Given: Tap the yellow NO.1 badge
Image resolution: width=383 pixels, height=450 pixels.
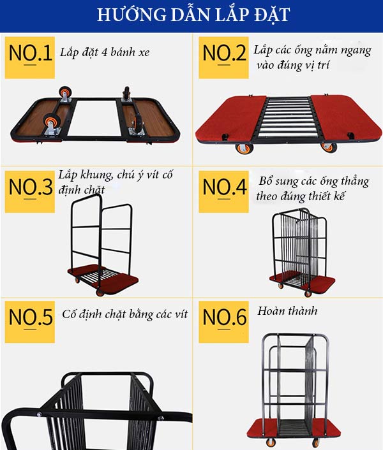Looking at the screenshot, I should click(x=30, y=55).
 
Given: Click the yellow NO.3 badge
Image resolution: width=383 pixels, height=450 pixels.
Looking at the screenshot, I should click(x=30, y=189).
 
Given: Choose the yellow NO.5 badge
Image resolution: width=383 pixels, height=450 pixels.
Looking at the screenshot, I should click(x=30, y=319).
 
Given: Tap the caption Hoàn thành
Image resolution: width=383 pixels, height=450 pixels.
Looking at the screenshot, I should click(x=287, y=312).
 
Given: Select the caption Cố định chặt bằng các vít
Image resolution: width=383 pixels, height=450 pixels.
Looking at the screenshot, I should click(x=125, y=315).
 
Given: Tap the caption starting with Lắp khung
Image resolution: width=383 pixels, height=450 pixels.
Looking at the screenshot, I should click(x=115, y=181).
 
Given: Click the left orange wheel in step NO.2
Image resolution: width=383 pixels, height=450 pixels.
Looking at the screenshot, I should click(x=244, y=149).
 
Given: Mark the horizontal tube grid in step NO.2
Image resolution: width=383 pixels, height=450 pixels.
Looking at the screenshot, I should click(x=288, y=118).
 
